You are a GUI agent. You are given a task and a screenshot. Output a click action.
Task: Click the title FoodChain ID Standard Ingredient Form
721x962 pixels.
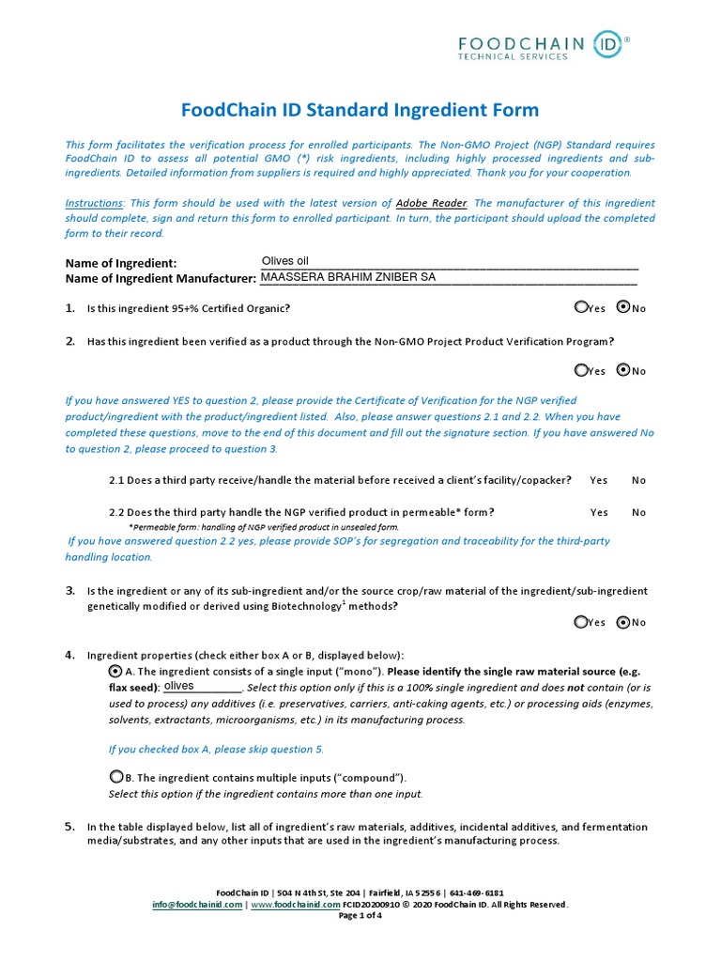pyautogui.click(x=360, y=110)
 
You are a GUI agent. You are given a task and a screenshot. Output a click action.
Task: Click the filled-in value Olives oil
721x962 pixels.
pyautogui.click(x=284, y=261)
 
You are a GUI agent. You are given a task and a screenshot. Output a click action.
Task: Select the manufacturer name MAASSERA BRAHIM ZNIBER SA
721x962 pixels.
pyautogui.click(x=347, y=278)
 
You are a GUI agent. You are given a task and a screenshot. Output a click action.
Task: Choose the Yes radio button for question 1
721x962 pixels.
pyautogui.click(x=581, y=307)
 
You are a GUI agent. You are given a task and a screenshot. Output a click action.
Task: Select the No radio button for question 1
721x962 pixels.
pyautogui.click(x=623, y=307)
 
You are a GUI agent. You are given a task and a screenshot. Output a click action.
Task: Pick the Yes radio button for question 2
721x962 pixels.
pyautogui.click(x=581, y=370)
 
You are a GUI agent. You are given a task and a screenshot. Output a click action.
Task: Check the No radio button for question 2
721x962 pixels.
pyautogui.click(x=623, y=370)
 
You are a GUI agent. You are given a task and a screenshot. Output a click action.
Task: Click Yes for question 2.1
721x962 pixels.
pyautogui.click(x=598, y=480)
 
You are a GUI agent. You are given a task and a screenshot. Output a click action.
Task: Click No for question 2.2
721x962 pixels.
pyautogui.click(x=638, y=512)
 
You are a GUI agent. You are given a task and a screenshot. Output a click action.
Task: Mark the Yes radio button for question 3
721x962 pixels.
pyautogui.click(x=581, y=622)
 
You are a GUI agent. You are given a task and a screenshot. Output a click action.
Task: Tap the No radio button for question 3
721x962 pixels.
pyautogui.click(x=623, y=622)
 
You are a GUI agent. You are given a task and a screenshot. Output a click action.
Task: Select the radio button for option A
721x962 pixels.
pyautogui.click(x=115, y=671)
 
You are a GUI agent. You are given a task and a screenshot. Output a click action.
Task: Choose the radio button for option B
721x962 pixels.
pyautogui.click(x=115, y=777)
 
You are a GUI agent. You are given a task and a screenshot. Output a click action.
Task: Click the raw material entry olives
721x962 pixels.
pyautogui.click(x=179, y=687)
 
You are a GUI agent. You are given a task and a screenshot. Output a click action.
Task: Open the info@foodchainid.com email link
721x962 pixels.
pyautogui.click(x=198, y=904)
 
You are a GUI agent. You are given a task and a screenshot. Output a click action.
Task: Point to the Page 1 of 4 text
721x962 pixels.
pyautogui.click(x=360, y=915)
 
